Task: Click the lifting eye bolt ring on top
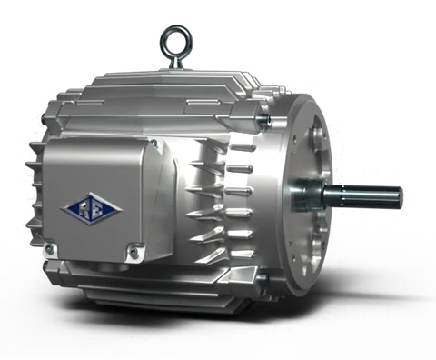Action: [x=173, y=39]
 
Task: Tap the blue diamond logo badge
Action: [x=92, y=209]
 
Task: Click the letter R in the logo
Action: [x=85, y=209]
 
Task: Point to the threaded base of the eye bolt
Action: [x=173, y=65]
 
